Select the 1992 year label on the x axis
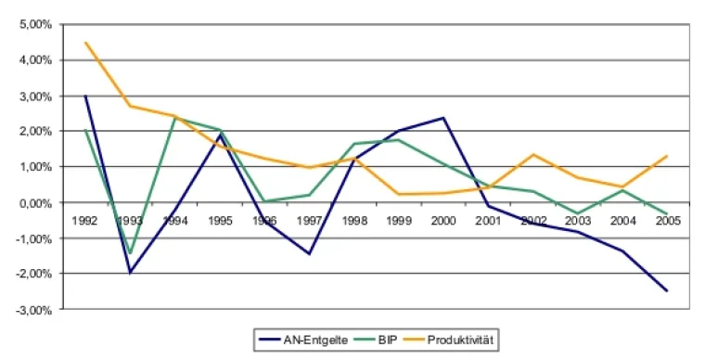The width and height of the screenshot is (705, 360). (x=84, y=222)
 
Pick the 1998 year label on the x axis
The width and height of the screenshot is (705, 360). (x=352, y=222)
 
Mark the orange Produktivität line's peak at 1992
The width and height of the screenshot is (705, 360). (x=84, y=43)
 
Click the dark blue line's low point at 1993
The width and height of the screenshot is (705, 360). (x=130, y=273)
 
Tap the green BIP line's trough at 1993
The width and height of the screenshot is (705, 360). (x=130, y=253)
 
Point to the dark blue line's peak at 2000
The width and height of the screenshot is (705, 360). (x=442, y=118)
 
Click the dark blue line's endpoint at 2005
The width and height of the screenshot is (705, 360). (x=665, y=290)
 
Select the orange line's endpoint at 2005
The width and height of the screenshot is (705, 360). (x=665, y=156)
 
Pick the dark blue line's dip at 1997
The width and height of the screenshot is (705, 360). (x=308, y=253)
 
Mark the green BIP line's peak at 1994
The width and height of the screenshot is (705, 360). (x=174, y=118)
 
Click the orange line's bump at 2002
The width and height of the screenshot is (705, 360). (x=532, y=155)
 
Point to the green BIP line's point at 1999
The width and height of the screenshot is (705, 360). (x=398, y=140)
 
